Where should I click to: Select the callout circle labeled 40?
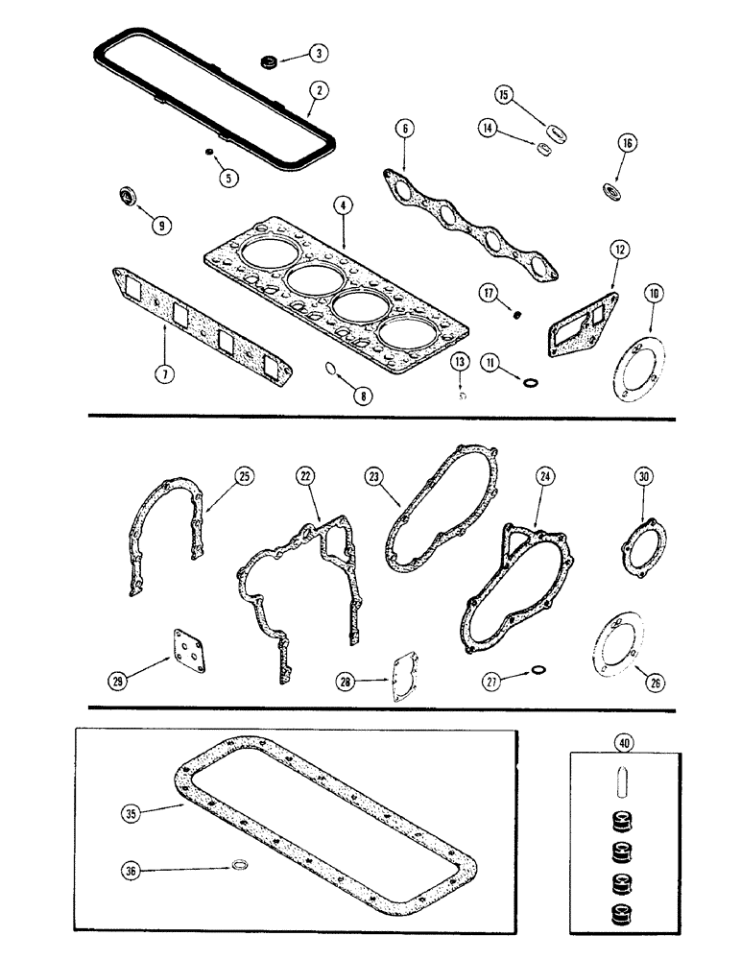pos(624,740)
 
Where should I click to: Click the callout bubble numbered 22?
pos(306,476)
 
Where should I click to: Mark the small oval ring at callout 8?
pos(329,368)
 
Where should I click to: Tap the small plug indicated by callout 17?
pos(518,314)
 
